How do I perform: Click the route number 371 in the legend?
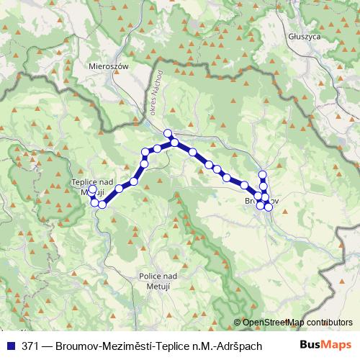coord(30,345)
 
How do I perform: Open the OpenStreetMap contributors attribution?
coord(297,323)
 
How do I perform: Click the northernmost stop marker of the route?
coord(168,132)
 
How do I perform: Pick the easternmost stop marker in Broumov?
coord(269,207)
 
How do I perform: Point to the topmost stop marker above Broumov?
coord(263,174)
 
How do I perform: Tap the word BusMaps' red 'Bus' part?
coord(312,345)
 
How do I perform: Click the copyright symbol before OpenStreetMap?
coord(238,323)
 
